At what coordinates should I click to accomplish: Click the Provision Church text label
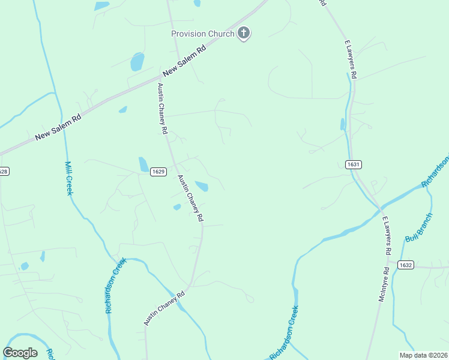(202, 34)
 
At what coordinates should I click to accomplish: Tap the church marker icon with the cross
(244, 34)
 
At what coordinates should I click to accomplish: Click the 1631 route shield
(354, 164)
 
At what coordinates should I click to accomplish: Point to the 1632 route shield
(406, 265)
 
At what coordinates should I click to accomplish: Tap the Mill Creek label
(69, 178)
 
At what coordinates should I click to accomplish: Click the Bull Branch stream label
(418, 229)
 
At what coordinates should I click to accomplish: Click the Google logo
(20, 353)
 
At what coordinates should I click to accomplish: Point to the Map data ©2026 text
(423, 355)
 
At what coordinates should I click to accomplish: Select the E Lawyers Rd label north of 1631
(351, 59)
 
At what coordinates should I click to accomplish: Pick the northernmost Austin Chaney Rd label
(161, 108)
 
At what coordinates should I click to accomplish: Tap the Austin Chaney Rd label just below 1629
(191, 199)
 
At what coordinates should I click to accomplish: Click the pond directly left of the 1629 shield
(143, 164)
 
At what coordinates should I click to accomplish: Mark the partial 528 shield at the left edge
(3, 172)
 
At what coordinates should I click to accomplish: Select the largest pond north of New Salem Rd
(137, 61)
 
